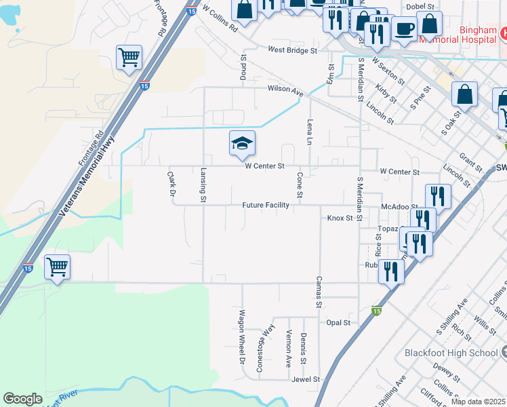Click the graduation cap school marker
coord(242,143)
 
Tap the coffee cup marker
coord(404,29)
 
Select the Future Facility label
coord(267,205)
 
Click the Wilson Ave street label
coord(285,89)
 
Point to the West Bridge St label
coord(292,50)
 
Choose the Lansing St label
coord(203,185)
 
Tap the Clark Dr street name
coord(171,183)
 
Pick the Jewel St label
coord(306,380)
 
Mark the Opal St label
coord(338,323)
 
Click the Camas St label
coord(317,292)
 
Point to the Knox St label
coord(340,218)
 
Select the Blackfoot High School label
coord(451,353)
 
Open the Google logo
coord(22,399)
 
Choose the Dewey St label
coord(448,372)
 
